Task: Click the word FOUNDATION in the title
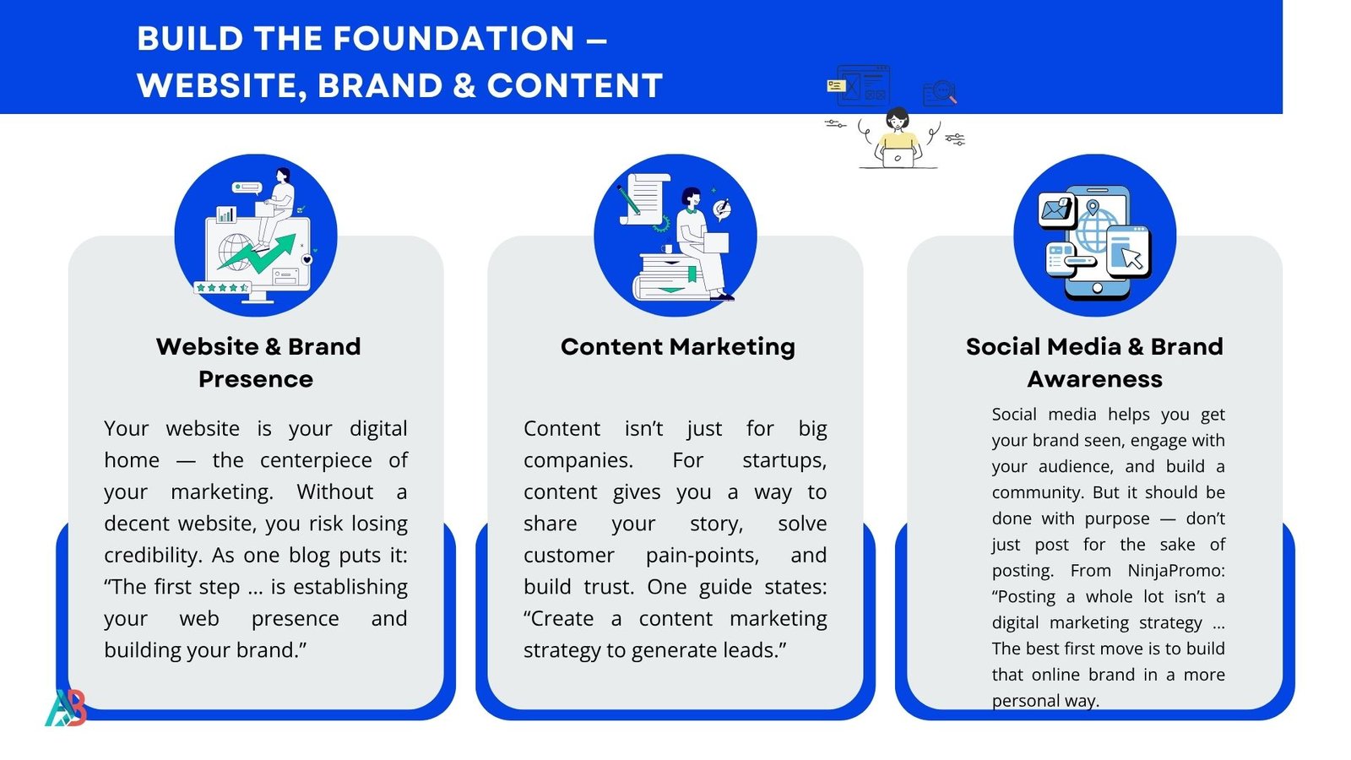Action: (x=453, y=38)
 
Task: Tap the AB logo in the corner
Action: (x=66, y=708)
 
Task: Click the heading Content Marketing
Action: (x=678, y=347)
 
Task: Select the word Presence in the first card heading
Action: (x=256, y=379)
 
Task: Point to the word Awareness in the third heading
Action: (x=1094, y=379)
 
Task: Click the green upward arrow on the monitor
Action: (x=257, y=253)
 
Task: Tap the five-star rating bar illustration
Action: (x=222, y=288)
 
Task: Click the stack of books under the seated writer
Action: (x=670, y=278)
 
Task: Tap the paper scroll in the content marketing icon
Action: (x=645, y=199)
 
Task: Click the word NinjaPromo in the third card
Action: (x=1176, y=571)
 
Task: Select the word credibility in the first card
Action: (x=153, y=556)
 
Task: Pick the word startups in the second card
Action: (x=784, y=461)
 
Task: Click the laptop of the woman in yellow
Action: (x=898, y=157)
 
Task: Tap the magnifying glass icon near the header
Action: (x=945, y=92)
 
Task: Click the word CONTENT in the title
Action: (x=575, y=85)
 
